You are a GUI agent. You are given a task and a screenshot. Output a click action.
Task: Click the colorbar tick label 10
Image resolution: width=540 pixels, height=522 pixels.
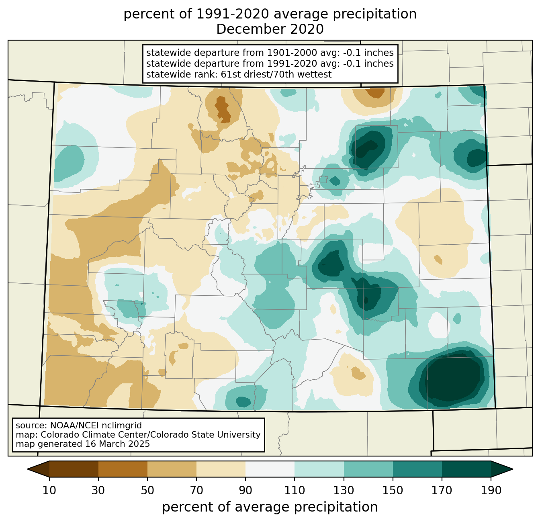[x=49, y=490]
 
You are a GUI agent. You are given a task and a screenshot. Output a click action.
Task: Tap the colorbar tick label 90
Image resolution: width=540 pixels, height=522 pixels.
[x=245, y=490]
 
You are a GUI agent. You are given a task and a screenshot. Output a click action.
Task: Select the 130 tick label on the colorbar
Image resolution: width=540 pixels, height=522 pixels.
[x=344, y=490]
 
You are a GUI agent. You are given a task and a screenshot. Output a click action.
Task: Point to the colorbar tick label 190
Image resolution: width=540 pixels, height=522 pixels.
[x=491, y=490]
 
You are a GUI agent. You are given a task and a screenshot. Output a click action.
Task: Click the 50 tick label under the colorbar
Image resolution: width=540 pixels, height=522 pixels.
[x=147, y=490]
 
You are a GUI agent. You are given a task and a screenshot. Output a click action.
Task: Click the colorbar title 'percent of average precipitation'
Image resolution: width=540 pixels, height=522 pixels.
[x=270, y=507]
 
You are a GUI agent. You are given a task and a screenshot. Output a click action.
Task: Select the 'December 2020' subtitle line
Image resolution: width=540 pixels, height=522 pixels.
[x=270, y=29]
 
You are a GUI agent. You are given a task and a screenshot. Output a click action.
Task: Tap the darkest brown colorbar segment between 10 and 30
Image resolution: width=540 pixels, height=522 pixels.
[x=74, y=469]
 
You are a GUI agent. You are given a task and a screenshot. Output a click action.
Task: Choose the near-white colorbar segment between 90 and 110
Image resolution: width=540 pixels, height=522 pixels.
[x=270, y=469]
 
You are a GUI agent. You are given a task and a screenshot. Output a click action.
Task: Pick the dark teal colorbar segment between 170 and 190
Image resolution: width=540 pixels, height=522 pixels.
[x=466, y=469]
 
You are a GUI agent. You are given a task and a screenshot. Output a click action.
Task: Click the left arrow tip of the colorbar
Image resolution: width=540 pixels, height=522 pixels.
[x=27, y=469]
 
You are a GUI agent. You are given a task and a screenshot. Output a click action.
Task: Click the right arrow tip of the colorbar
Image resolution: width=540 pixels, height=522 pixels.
[x=513, y=469]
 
